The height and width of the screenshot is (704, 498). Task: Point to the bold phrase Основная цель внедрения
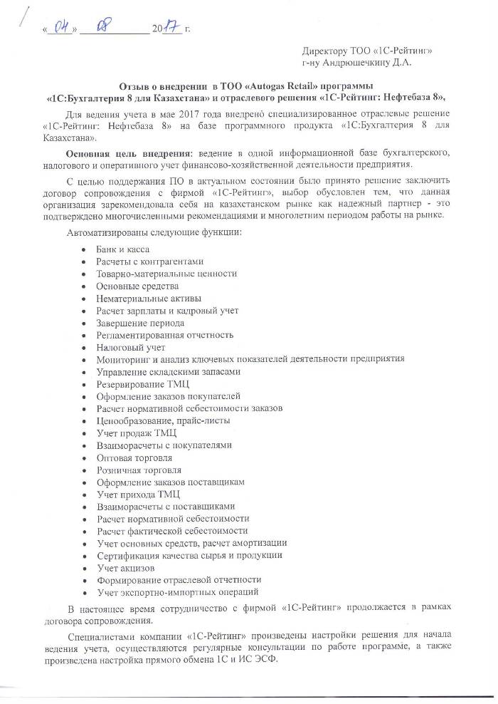coord(120,154)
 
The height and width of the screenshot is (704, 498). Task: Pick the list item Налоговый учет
coord(130,347)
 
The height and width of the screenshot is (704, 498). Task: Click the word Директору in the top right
coord(325,52)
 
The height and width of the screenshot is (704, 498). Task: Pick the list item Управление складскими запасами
coord(168,372)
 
